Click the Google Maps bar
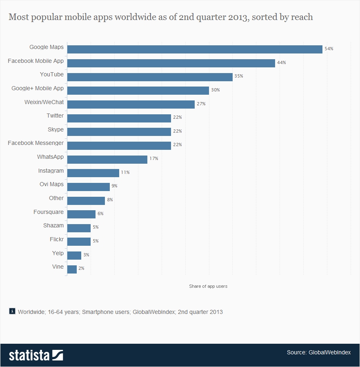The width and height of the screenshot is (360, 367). (x=195, y=49)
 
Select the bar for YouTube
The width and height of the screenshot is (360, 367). (x=150, y=77)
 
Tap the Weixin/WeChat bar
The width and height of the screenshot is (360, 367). (x=131, y=104)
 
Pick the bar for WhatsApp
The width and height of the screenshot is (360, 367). (x=107, y=159)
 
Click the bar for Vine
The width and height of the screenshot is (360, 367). (x=72, y=269)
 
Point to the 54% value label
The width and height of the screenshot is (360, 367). (x=329, y=49)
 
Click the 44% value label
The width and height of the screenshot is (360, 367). (x=282, y=63)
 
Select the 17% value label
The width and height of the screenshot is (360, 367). (x=154, y=158)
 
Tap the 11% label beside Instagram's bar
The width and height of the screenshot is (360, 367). (x=125, y=172)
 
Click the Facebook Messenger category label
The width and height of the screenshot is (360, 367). (x=36, y=143)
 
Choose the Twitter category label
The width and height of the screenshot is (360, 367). (x=55, y=116)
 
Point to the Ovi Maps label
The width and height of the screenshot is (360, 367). (x=51, y=184)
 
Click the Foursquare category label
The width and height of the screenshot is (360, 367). (x=49, y=212)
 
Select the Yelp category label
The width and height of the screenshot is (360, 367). (x=58, y=253)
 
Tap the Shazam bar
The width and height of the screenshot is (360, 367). (x=79, y=228)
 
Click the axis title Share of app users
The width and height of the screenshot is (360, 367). (x=208, y=286)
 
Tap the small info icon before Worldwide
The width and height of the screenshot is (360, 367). (x=12, y=311)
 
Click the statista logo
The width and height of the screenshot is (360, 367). (x=36, y=355)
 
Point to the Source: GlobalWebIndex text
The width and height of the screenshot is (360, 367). (x=318, y=352)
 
